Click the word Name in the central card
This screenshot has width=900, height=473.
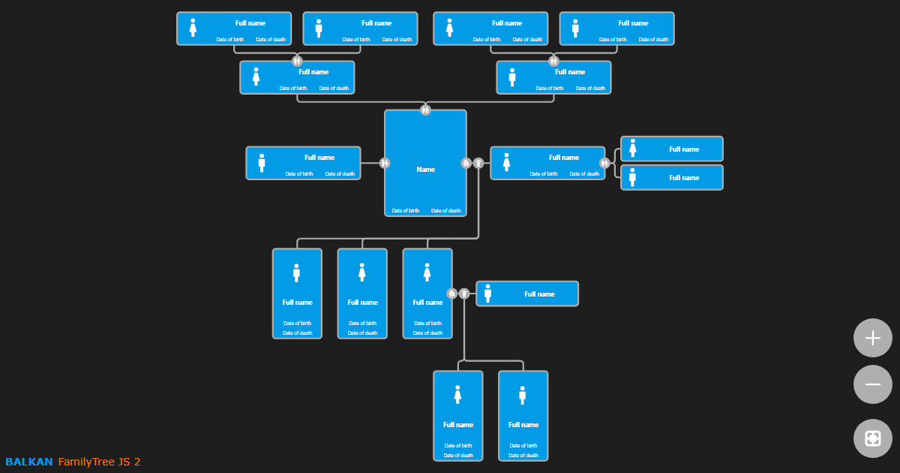coord(425,170)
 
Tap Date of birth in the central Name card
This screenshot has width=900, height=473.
coord(406,211)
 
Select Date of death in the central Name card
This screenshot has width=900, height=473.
coord(445,211)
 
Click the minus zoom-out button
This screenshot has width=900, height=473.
coord(872,384)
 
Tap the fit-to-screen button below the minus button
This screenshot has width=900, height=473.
coord(872,438)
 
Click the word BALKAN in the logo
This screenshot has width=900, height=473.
coord(29,462)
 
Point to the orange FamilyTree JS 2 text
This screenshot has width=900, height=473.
coord(99,462)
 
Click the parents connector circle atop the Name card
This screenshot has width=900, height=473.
coord(425,110)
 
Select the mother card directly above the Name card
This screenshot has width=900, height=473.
coord(297,77)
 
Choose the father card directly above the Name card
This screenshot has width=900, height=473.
coord(553,77)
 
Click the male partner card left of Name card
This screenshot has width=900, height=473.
coord(303,163)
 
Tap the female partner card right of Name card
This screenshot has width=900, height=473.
coord(547,163)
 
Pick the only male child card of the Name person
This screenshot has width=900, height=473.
coord(297,294)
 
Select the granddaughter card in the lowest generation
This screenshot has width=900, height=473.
coord(457,415)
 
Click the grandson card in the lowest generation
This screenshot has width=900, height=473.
coord(523,415)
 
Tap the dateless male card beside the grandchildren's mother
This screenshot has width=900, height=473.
coord(527,294)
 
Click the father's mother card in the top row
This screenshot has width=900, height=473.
coord(490,29)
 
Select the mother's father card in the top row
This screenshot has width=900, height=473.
coord(360,29)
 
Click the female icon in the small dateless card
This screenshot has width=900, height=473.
coord(633,149)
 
